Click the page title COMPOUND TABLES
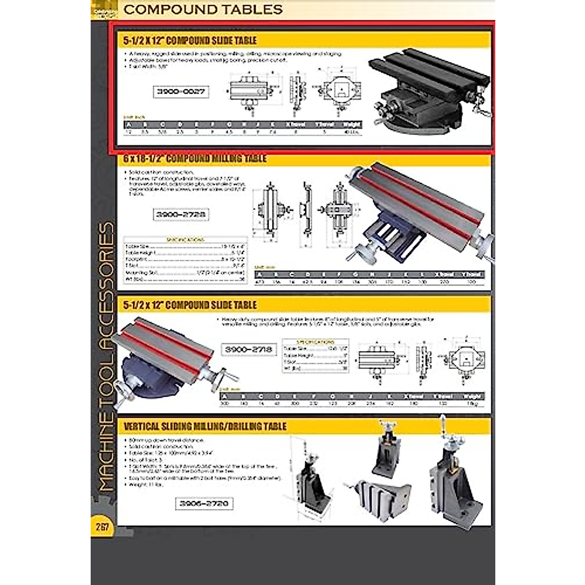point(203,9)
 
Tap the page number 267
point(102,527)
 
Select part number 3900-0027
point(181,91)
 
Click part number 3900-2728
point(180,214)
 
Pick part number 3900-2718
point(249,350)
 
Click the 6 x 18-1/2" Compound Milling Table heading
point(195,159)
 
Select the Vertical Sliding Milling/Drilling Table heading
point(205,427)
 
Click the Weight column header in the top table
point(351,125)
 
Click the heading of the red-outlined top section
point(190,40)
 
